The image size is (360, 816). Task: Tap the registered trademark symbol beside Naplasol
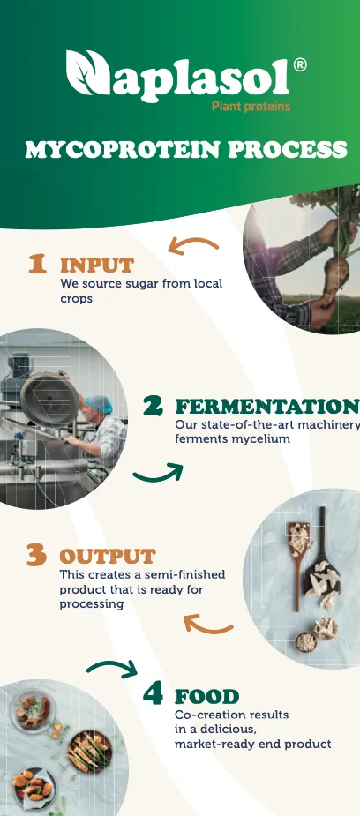click(300, 65)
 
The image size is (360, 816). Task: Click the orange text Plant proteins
click(251, 107)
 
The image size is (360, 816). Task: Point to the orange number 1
click(37, 264)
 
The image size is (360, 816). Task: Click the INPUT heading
click(97, 265)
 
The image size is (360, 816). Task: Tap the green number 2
click(154, 406)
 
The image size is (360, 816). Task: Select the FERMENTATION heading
click(266, 407)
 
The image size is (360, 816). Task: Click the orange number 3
click(36, 556)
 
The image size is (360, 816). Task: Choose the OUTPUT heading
click(107, 557)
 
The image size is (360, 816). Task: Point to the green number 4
click(153, 695)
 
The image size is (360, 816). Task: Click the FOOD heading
click(207, 696)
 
